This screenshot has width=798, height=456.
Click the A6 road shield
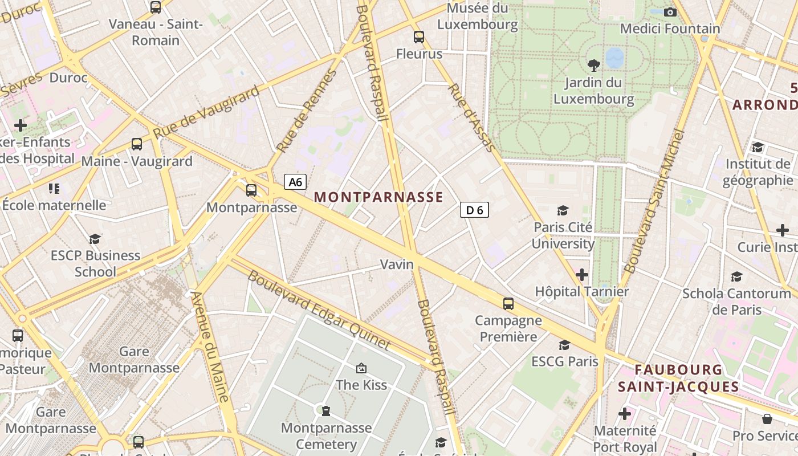point(295,182)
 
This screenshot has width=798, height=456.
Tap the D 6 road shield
point(474,210)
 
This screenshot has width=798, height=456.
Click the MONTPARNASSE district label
point(378,197)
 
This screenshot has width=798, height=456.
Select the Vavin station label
point(397,264)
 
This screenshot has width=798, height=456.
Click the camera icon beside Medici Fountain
point(670,12)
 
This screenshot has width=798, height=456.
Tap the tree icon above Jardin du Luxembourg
point(593,65)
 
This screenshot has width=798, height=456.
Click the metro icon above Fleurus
point(419,37)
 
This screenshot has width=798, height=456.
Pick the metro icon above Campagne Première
point(508,304)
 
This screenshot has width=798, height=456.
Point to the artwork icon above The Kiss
point(361,369)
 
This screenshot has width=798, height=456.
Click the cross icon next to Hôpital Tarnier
point(581,275)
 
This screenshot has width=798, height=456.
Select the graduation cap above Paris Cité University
point(563,211)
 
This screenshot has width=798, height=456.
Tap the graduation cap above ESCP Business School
point(95,239)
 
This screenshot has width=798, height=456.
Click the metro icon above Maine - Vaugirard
point(137,144)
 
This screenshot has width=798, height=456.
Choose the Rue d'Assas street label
point(471,118)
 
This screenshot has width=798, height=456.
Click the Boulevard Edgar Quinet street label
point(319,310)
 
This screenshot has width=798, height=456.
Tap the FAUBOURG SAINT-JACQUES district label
point(678,378)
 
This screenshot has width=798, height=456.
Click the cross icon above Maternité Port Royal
point(625,414)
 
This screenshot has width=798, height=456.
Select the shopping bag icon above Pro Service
point(767,420)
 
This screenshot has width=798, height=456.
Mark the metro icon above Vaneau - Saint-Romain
point(156,7)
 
